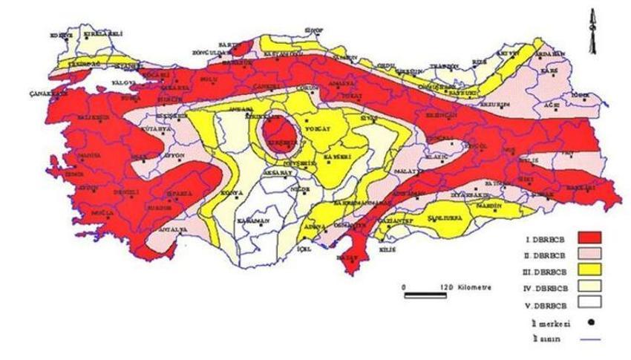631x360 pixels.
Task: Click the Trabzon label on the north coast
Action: coord(451,65)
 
